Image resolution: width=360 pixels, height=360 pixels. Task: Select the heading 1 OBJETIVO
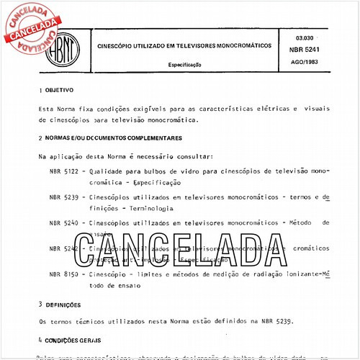click(x=53, y=92)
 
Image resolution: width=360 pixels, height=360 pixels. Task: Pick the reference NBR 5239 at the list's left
click(x=63, y=197)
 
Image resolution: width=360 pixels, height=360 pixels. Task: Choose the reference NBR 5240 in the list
click(x=63, y=222)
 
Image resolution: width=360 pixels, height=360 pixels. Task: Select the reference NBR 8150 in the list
click(x=63, y=274)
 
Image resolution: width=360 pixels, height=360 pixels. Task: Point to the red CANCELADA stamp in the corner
click(x=32, y=29)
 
